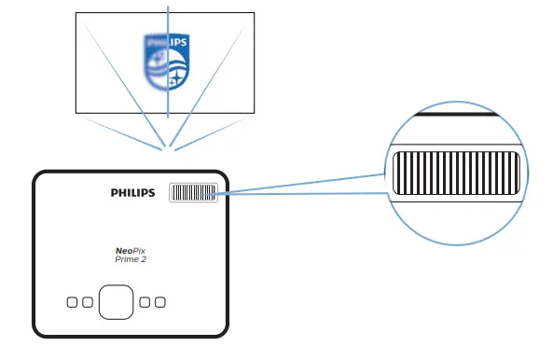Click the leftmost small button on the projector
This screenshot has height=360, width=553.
pos(72,302)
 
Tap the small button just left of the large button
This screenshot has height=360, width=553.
pos(88,302)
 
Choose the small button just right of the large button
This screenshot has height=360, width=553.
pos(145,302)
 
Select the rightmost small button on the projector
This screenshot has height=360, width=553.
pos(160,302)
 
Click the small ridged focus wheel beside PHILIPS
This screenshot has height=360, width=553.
pos(193,193)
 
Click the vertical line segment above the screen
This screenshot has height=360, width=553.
pos(168,7)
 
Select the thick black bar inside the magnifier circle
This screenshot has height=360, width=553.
pos(457,117)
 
